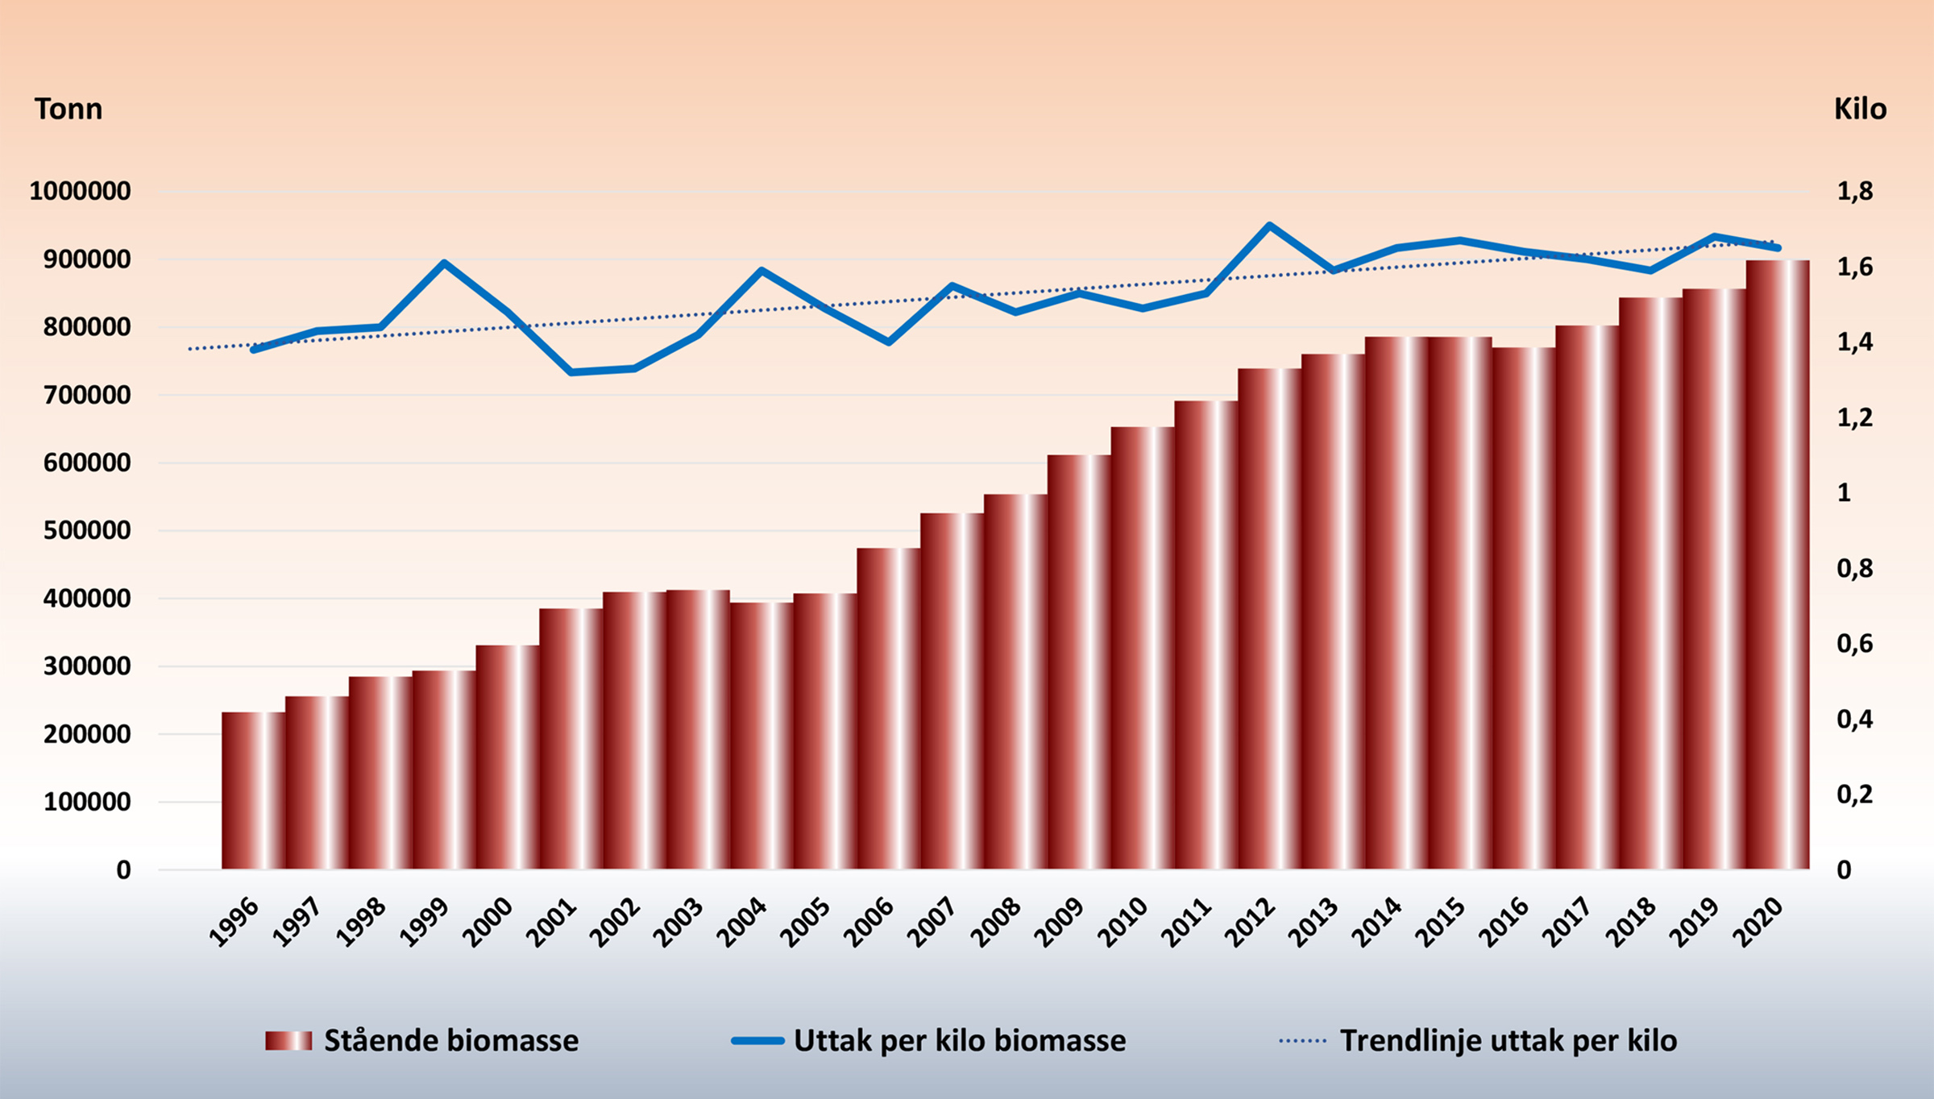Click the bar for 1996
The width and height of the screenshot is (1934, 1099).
tap(254, 790)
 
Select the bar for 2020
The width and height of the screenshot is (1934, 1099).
tap(1778, 564)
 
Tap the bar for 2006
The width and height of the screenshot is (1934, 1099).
tap(889, 709)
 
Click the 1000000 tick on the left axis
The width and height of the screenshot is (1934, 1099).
tap(81, 192)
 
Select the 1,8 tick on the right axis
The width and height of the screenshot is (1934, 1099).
tap(1855, 192)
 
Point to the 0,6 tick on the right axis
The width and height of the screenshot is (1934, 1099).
tap(1855, 644)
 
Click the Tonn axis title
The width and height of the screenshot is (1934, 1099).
tap(68, 109)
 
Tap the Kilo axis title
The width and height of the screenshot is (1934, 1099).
tap(1861, 109)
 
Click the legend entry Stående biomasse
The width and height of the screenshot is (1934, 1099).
tap(451, 1041)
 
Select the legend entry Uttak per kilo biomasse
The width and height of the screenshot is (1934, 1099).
tap(960, 1041)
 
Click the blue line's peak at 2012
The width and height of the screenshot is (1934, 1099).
tap(1269, 226)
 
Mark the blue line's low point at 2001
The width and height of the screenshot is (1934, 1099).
tap(571, 372)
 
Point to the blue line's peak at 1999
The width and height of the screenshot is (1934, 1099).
tap(444, 263)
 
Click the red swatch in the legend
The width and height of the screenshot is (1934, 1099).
tap(288, 1041)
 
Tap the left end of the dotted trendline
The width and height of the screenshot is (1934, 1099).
tap(190, 349)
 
